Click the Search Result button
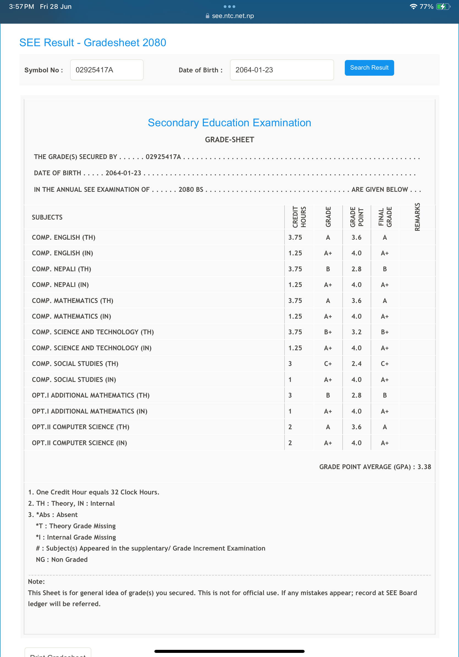coord(369,68)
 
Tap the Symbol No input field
coord(106,70)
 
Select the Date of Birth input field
coord(282,70)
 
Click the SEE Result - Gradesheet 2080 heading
coord(93,43)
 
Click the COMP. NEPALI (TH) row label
coord(62,269)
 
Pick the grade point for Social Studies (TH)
coord(356,364)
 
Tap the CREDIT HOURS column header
coord(299,217)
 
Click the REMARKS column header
coord(417,217)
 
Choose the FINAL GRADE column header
coord(385,217)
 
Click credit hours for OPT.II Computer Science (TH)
coord(290,427)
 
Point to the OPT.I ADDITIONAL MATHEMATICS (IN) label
coord(89,411)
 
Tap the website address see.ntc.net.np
coord(233,16)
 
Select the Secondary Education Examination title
coord(229,123)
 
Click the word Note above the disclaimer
coord(36,581)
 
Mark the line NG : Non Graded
coord(62,559)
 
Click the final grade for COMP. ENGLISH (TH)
coord(385,237)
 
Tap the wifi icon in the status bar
coord(413,7)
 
